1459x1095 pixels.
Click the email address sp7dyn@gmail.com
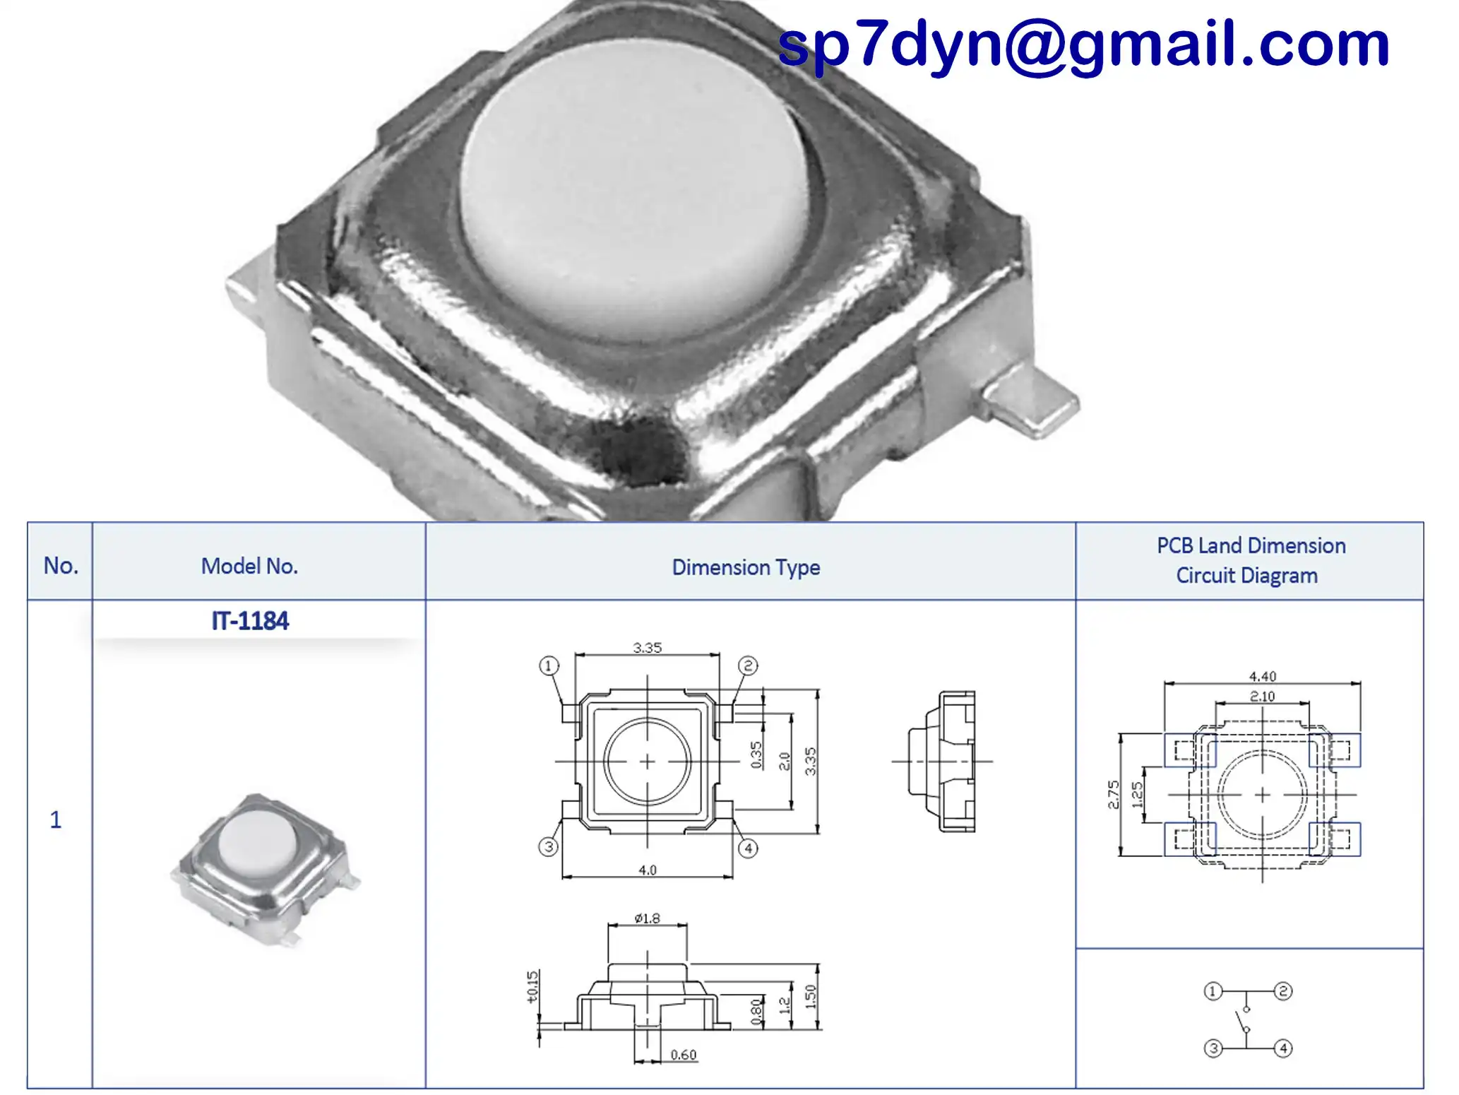tap(1083, 45)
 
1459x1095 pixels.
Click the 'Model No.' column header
tap(249, 567)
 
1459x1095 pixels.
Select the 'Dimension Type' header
tap(746, 567)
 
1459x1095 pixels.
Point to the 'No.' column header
tap(61, 566)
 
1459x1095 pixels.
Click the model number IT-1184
tap(250, 621)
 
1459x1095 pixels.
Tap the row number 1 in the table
tap(56, 819)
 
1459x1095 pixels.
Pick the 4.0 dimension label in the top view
tap(648, 870)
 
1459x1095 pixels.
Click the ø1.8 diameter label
tap(647, 918)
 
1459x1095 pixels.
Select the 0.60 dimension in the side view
tap(683, 1055)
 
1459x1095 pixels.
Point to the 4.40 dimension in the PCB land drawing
tap(1263, 676)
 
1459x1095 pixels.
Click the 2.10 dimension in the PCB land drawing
tap(1263, 696)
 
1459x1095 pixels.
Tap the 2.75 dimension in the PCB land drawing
tap(1114, 795)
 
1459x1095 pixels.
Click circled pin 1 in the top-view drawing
tap(549, 665)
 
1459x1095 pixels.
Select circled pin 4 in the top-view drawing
tap(748, 848)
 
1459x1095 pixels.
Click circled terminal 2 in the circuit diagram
tap(1283, 991)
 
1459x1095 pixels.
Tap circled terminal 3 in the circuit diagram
tap(1213, 1048)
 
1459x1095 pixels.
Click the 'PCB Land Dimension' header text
tap(1251, 546)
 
